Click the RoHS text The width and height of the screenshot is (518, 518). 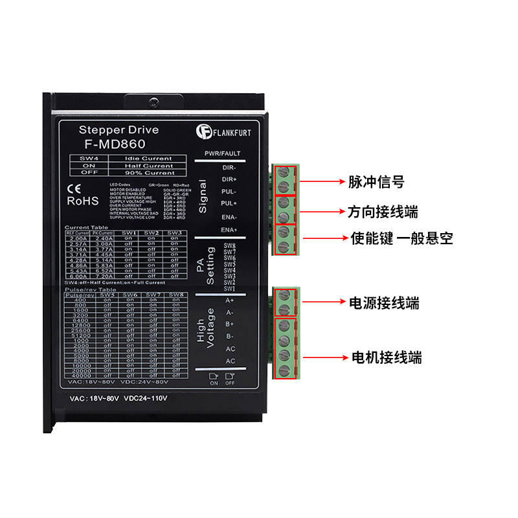(x=83, y=201)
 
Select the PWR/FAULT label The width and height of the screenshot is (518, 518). (x=222, y=153)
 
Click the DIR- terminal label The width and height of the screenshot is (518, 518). (x=230, y=167)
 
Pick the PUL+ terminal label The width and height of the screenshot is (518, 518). (x=229, y=203)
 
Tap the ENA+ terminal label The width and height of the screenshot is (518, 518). (x=229, y=230)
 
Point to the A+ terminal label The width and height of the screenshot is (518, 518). (x=229, y=300)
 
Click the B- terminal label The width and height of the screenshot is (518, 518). (x=229, y=337)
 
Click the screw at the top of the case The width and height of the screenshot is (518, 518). (x=153, y=102)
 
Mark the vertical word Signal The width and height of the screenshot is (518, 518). (x=203, y=197)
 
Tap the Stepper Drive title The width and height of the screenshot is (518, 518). (x=118, y=130)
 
